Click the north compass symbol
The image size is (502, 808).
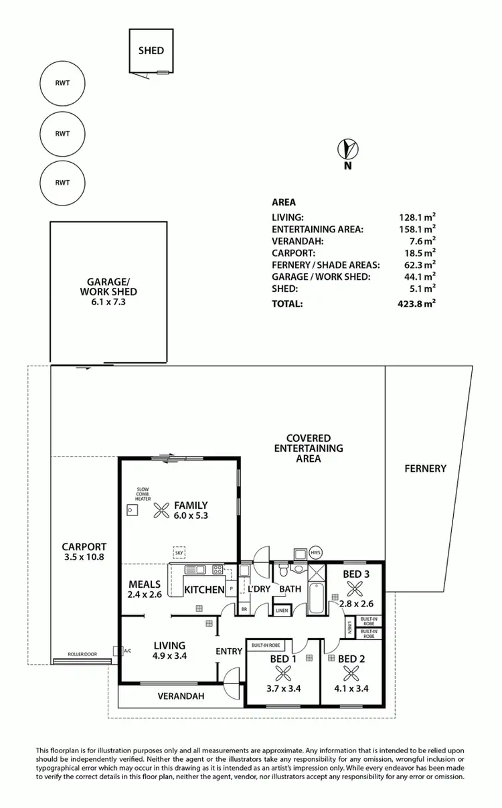[347, 148]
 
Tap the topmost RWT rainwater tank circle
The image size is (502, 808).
[62, 83]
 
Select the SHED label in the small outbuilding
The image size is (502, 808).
[151, 50]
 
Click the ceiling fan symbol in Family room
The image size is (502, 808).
[161, 511]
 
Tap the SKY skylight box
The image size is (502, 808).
[179, 553]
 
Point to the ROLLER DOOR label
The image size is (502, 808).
[82, 654]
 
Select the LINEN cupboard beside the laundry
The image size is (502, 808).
[282, 610]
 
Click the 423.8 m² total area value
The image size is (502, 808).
[418, 303]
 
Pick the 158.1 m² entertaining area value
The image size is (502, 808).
[418, 229]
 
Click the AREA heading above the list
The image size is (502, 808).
[284, 202]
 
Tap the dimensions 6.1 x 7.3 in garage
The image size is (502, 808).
[107, 303]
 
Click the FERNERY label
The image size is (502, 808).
[425, 469]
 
